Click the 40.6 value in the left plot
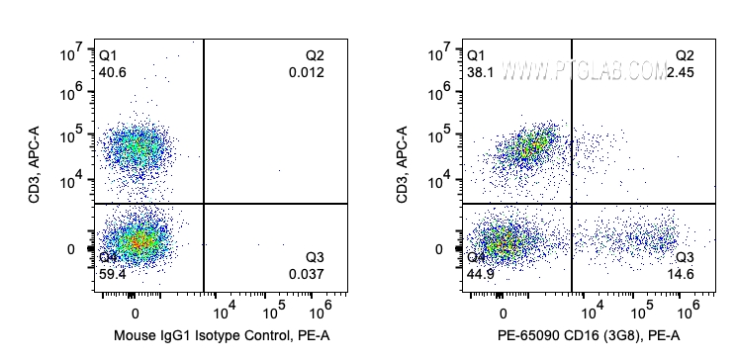coord(113,72)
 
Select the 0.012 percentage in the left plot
coord(307,72)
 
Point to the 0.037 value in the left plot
coord(307,274)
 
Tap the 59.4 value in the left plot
coord(113,274)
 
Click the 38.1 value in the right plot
coord(480,72)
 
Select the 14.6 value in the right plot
coord(686,274)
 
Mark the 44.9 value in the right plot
coord(481,274)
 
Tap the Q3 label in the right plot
coord(686,257)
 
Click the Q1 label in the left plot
coord(108,55)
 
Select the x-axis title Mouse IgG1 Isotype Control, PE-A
coord(223,336)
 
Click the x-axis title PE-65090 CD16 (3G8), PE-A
coord(591,336)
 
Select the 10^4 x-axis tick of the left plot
coord(223,308)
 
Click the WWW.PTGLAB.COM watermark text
coord(585,70)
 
